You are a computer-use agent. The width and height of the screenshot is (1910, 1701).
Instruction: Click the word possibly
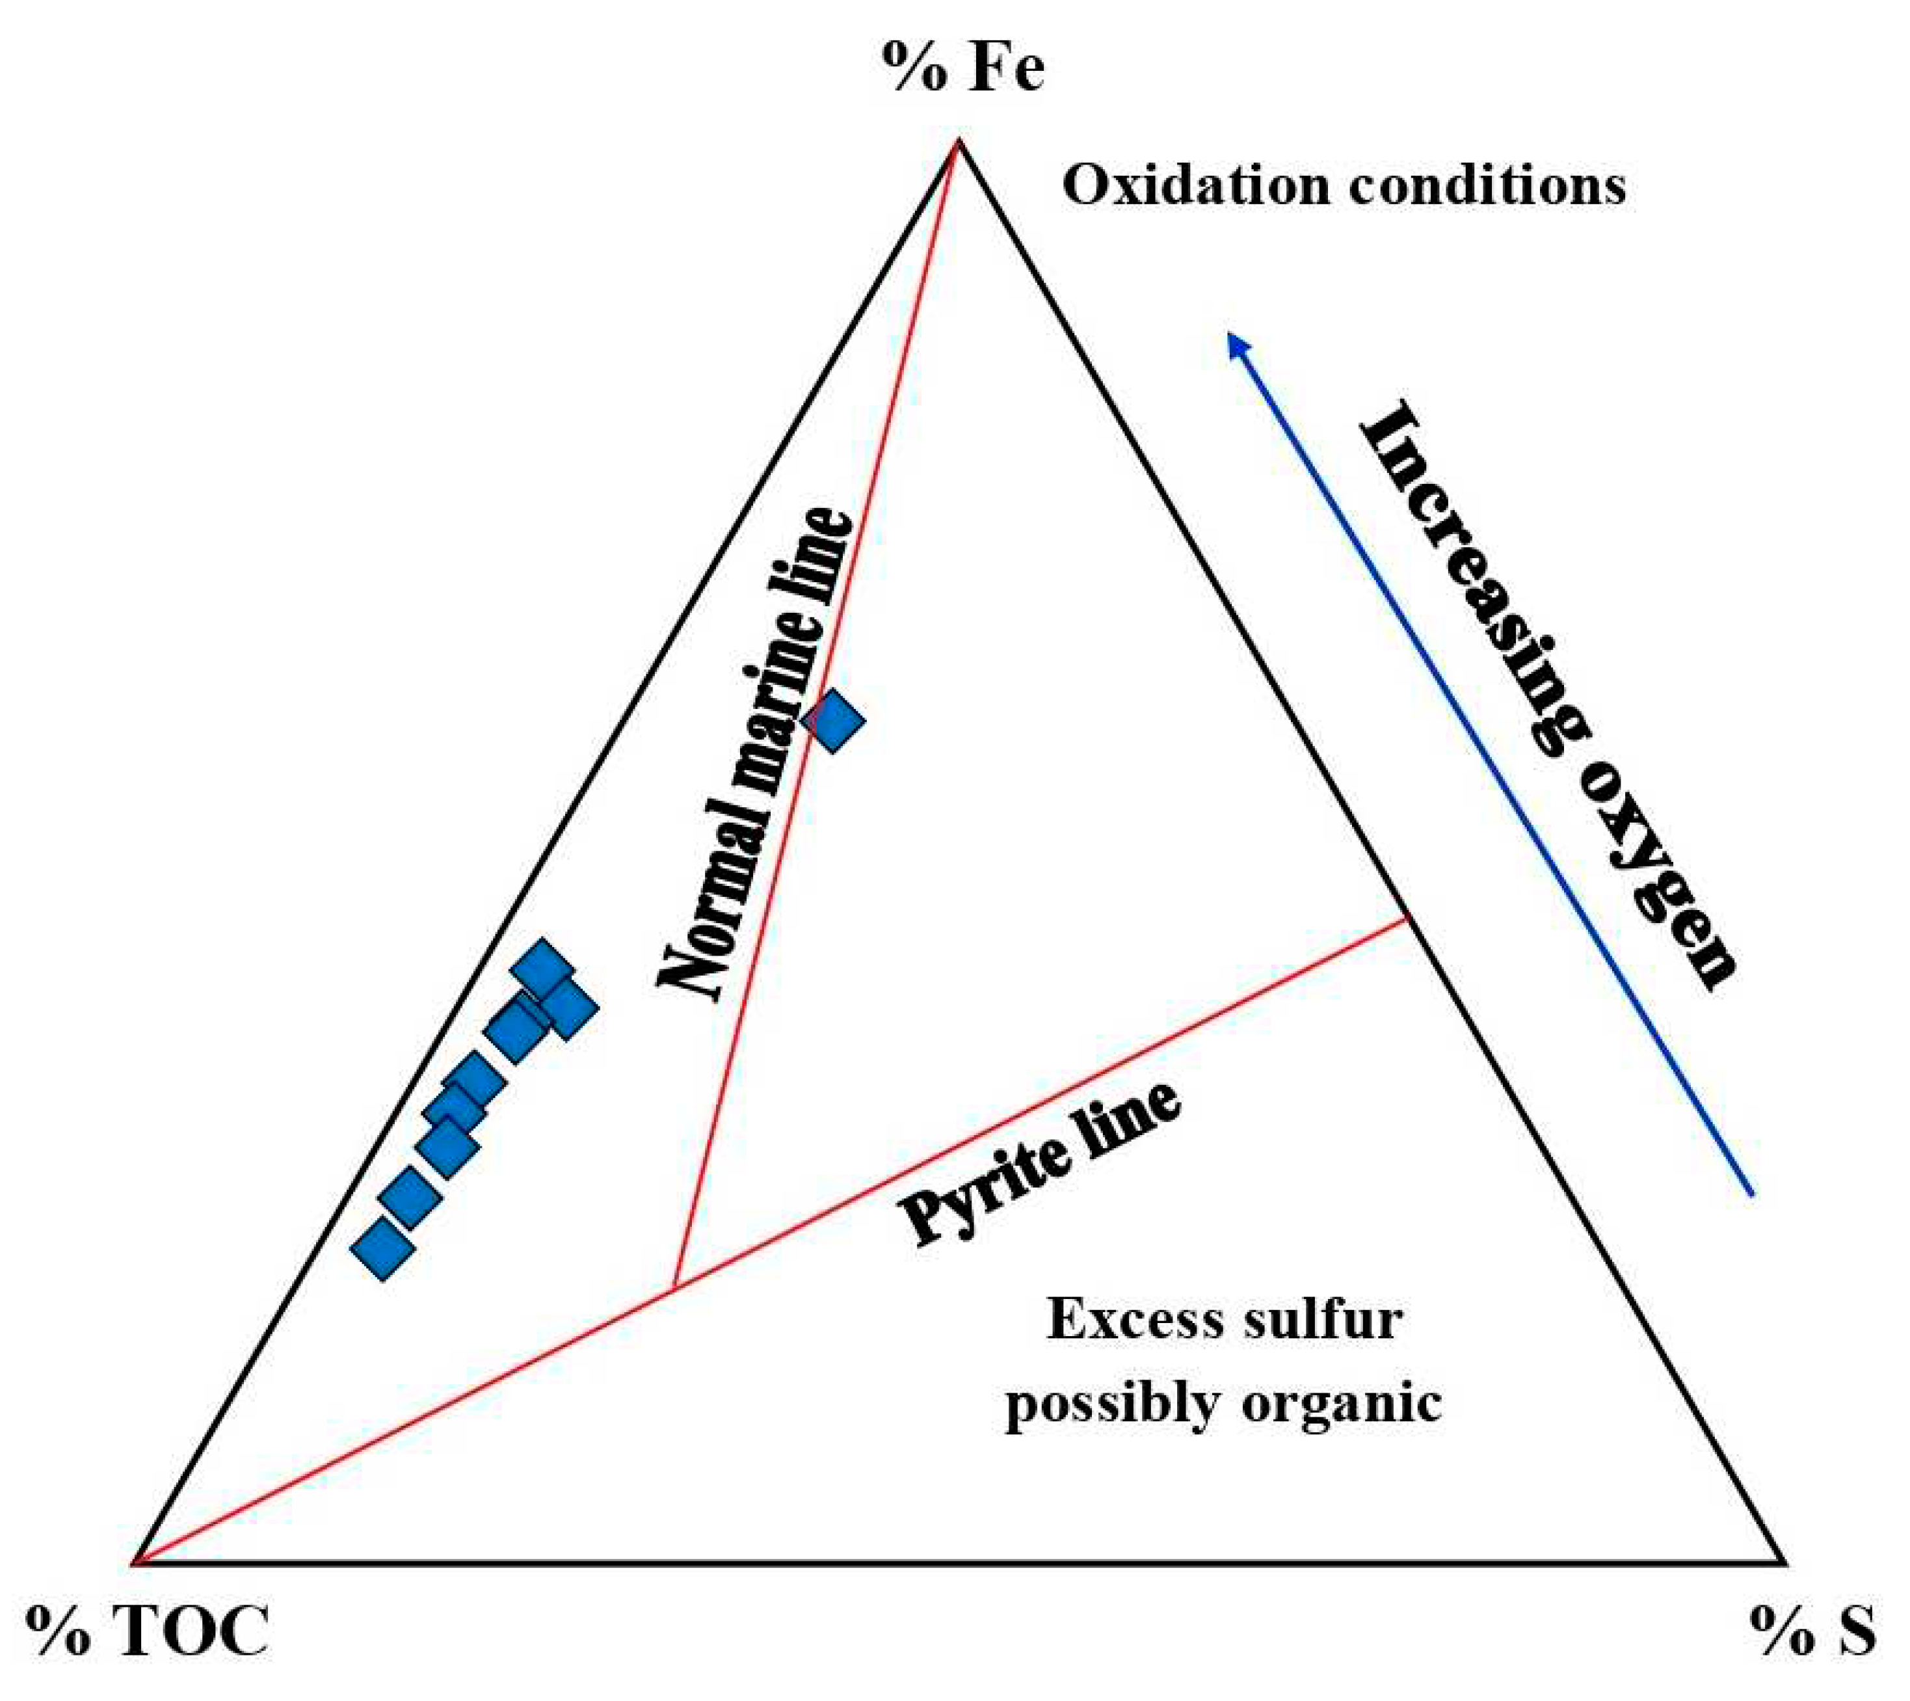pos(1113,1404)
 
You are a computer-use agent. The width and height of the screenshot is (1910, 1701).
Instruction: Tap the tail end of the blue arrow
pos(1751,1194)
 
